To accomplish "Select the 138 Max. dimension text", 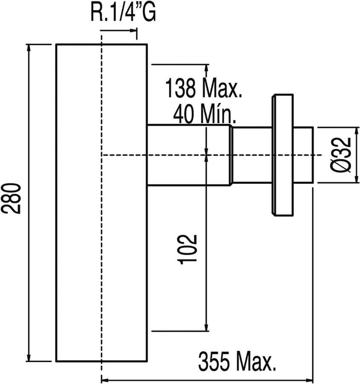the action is click(204, 88).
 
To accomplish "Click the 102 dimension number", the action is click(187, 249).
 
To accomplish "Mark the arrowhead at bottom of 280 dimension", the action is click(29, 358).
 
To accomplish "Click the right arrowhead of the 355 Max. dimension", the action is click(309, 380).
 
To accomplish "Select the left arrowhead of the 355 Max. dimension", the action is click(105, 380).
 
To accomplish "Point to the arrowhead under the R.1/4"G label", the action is click(133, 31).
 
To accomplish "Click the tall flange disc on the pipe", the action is click(282, 155).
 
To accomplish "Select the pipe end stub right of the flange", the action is click(303, 155).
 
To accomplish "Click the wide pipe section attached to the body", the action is click(189, 155).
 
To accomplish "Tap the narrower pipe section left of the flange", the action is click(252, 155).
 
